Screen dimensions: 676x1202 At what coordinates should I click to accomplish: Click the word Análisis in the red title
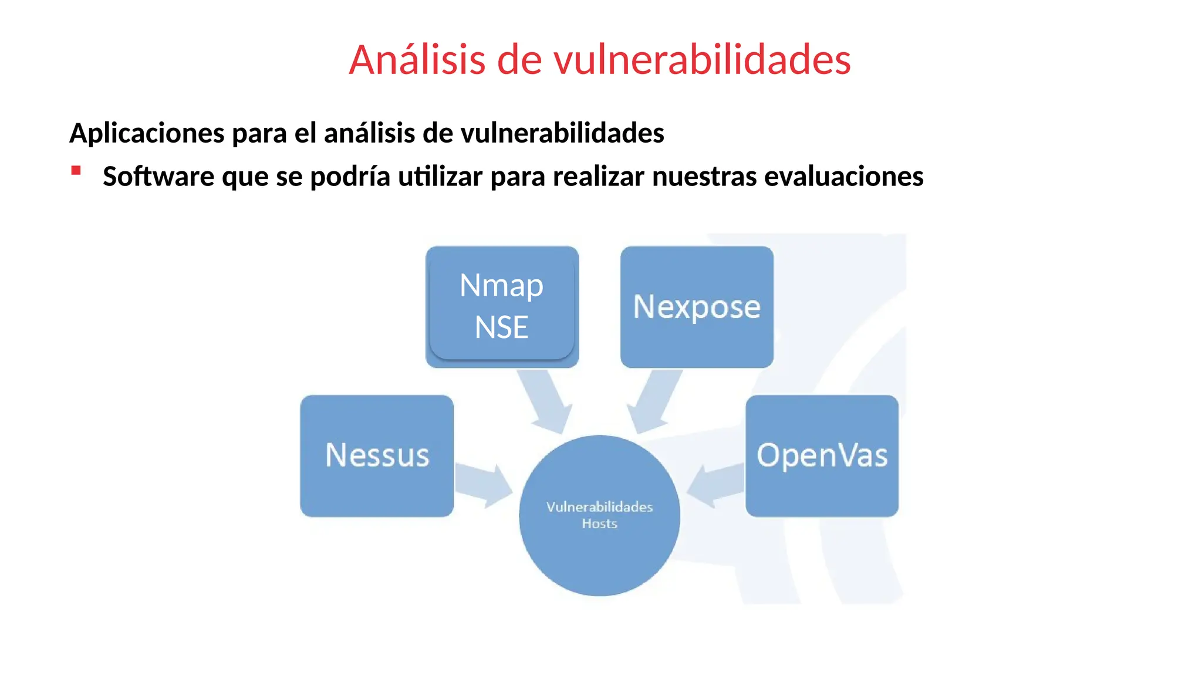pyautogui.click(x=417, y=60)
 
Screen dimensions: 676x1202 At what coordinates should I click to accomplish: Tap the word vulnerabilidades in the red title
pyautogui.click(x=702, y=60)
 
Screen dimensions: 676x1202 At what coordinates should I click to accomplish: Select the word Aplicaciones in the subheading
pyautogui.click(x=147, y=133)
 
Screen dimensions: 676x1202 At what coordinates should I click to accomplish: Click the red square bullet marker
pyautogui.click(x=76, y=171)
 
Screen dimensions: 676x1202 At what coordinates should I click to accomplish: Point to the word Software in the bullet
pyautogui.click(x=158, y=176)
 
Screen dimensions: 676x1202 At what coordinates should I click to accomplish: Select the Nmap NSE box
pyautogui.click(x=502, y=306)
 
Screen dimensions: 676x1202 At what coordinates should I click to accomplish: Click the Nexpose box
pyautogui.click(x=697, y=306)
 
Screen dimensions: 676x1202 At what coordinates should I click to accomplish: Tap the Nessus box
pyautogui.click(x=377, y=455)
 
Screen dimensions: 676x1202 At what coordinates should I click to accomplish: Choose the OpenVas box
pyautogui.click(x=822, y=455)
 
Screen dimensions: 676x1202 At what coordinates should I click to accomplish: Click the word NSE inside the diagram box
pyautogui.click(x=501, y=327)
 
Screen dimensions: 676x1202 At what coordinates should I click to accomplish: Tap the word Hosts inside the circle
pyautogui.click(x=599, y=523)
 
